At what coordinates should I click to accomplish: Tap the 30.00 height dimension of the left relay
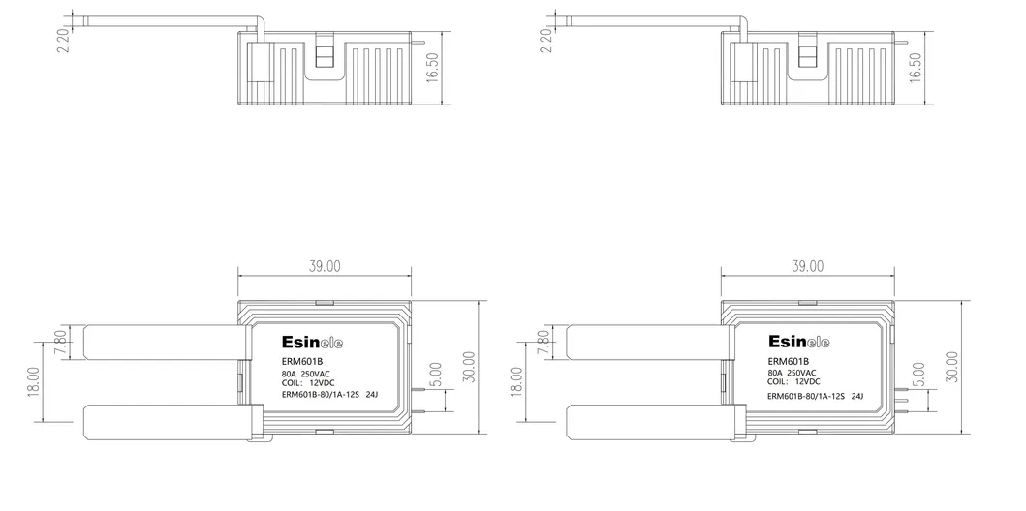tap(470, 368)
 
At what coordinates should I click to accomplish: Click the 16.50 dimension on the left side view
tap(432, 68)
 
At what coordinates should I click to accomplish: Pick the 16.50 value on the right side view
tap(916, 68)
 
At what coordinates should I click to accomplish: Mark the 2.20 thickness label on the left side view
tap(63, 41)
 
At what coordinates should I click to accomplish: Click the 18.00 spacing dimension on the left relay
tap(34, 381)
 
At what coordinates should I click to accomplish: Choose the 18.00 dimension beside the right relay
tap(516, 381)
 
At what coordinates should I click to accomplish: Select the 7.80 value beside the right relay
tap(543, 343)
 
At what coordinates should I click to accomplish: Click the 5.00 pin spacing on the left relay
tap(436, 376)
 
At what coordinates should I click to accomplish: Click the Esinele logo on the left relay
tap(312, 343)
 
